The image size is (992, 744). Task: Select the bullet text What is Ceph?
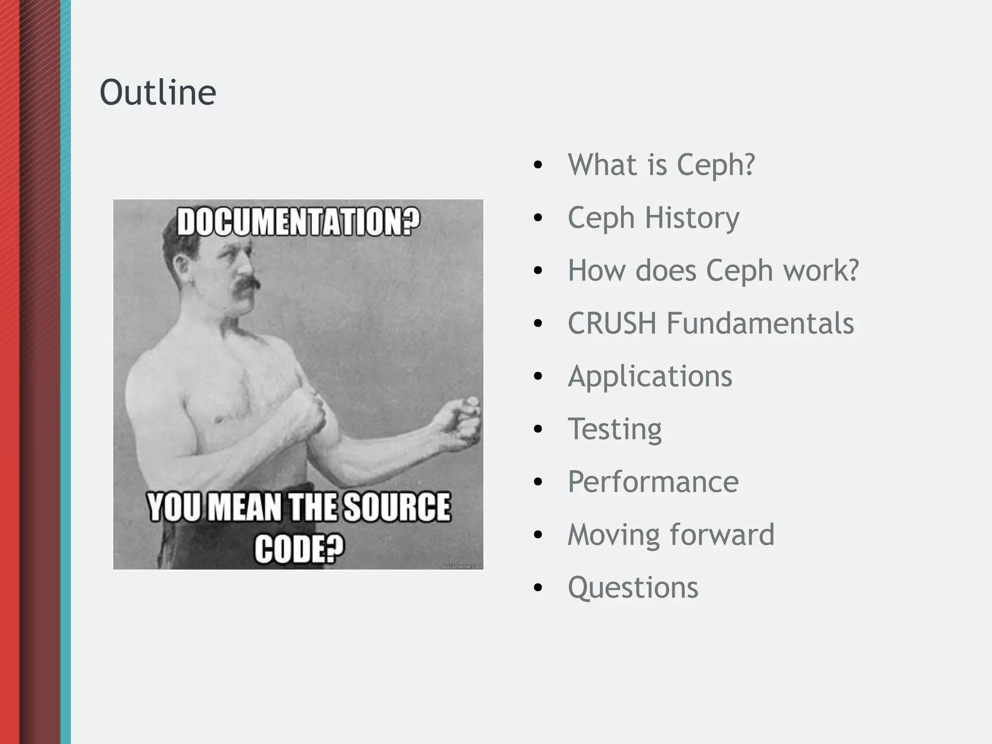pyautogui.click(x=661, y=165)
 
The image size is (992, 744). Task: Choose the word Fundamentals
pyautogui.click(x=760, y=323)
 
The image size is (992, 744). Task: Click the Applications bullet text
pyautogui.click(x=650, y=376)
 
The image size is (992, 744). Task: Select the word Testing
pyautogui.click(x=614, y=429)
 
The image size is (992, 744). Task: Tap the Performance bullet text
pyautogui.click(x=653, y=482)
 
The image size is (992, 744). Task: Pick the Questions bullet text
pyautogui.click(x=633, y=588)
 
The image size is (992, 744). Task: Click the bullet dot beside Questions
pyautogui.click(x=538, y=588)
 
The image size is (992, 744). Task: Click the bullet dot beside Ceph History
pyautogui.click(x=538, y=218)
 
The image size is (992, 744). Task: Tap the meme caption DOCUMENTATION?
pyautogui.click(x=298, y=222)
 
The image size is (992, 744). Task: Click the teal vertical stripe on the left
pyautogui.click(x=65, y=372)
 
